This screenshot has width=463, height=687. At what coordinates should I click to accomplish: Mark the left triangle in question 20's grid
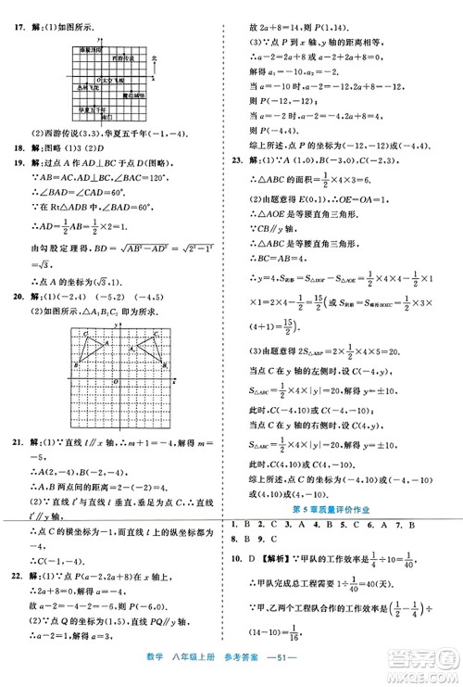pos(91,347)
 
